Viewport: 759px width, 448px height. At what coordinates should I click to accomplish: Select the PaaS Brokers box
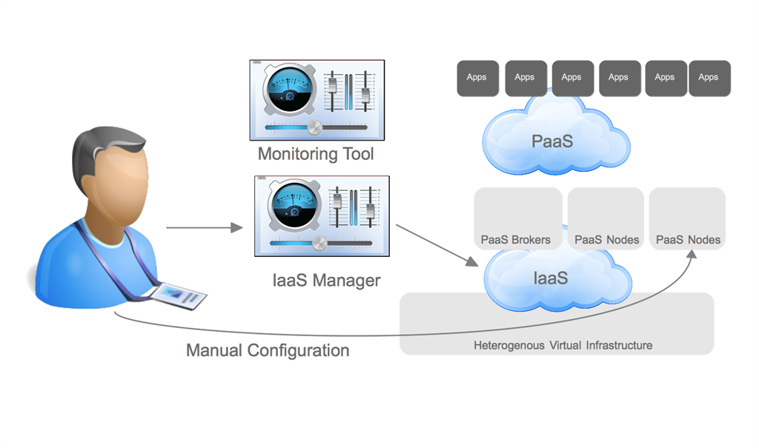pos(517,218)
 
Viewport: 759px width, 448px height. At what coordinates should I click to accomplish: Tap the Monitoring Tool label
pos(316,154)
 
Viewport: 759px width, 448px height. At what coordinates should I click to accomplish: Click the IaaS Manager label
pos(326,281)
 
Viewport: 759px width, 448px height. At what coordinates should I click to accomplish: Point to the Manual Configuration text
pos(268,350)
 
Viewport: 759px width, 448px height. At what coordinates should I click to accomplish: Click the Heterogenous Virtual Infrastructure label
pos(563,345)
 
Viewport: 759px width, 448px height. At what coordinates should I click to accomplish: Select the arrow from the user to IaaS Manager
pos(204,227)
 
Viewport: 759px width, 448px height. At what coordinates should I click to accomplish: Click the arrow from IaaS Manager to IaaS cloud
pos(437,245)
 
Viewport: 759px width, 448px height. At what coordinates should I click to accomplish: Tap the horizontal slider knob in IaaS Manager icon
pos(319,244)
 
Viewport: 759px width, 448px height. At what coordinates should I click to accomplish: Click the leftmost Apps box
pos(477,78)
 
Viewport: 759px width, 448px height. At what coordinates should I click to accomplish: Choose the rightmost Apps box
pos(709,78)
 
